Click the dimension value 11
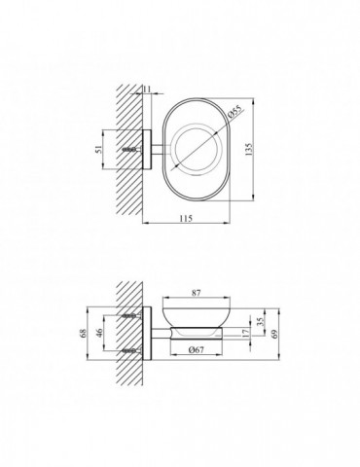pyautogui.click(x=147, y=89)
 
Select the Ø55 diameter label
pyautogui.click(x=235, y=113)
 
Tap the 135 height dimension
pyautogui.click(x=248, y=150)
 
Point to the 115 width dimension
pyautogui.click(x=186, y=218)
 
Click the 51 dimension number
pyautogui.click(x=98, y=150)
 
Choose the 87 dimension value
pyautogui.click(x=197, y=293)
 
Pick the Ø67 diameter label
pyautogui.click(x=196, y=349)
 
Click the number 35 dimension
pyautogui.click(x=260, y=322)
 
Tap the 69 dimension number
pyautogui.click(x=274, y=333)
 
